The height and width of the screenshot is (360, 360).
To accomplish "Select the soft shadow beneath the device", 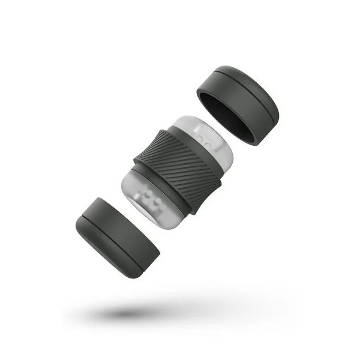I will pos(168,312).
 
